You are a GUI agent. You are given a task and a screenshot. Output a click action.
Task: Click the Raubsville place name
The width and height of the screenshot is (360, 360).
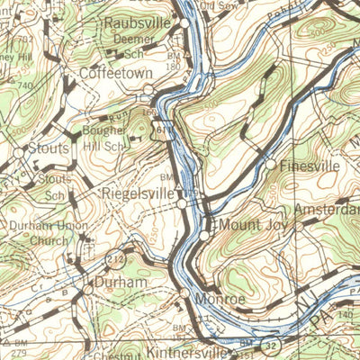[x=139, y=22]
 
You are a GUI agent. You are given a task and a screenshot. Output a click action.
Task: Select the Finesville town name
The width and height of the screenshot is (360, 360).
[x=310, y=166]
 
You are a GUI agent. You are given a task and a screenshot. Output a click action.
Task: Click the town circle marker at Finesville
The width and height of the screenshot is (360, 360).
[x=270, y=164]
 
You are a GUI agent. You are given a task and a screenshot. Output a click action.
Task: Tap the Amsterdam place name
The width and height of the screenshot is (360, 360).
[x=333, y=210]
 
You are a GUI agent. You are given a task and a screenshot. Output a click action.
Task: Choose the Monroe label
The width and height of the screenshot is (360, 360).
[x=221, y=299]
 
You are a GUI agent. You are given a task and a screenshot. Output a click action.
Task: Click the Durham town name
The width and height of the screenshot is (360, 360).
[x=121, y=283]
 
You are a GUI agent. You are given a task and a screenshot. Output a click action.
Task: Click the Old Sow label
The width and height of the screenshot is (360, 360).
[x=220, y=5]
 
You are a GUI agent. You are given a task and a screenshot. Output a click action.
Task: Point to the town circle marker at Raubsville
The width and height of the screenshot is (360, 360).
[x=184, y=22]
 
